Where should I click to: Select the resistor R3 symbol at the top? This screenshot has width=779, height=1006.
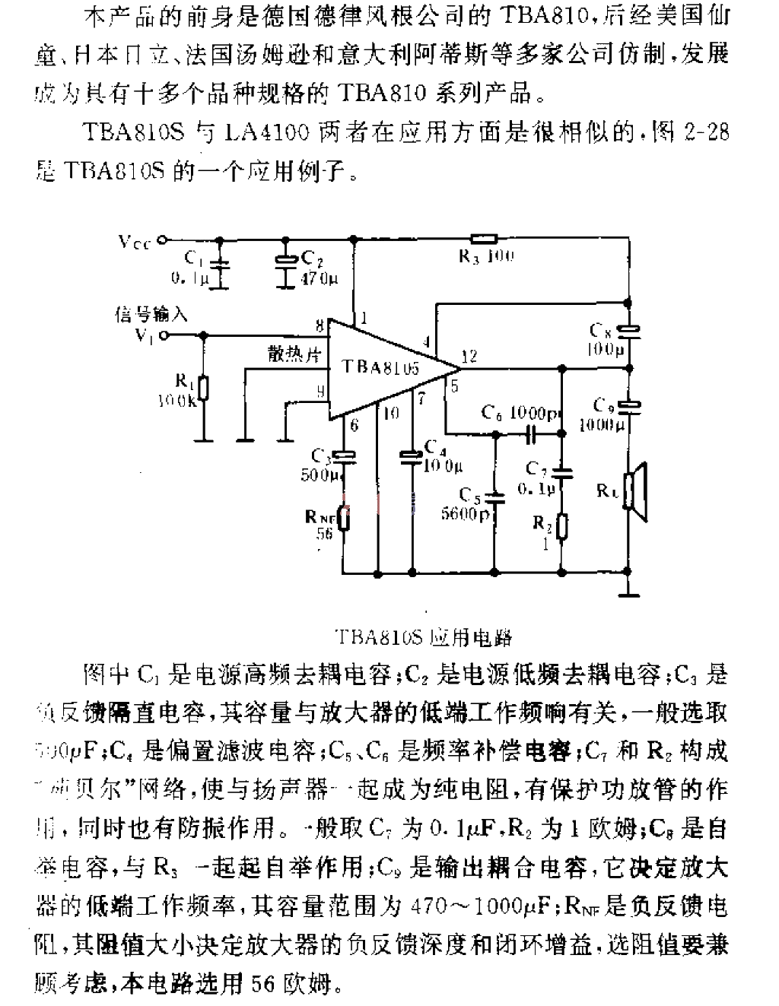coord(484,238)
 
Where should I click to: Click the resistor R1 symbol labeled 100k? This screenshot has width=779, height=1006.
coord(203,387)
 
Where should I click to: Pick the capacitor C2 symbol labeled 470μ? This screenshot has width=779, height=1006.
coord(286,261)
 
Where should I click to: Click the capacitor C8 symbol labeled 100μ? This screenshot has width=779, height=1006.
coord(629,331)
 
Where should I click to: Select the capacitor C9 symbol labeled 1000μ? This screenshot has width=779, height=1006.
coord(629,405)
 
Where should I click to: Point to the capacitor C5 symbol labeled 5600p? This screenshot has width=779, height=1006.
coord(495,498)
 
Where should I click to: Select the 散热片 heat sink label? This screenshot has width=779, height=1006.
coord(291,354)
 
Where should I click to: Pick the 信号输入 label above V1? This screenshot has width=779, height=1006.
coord(151,314)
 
